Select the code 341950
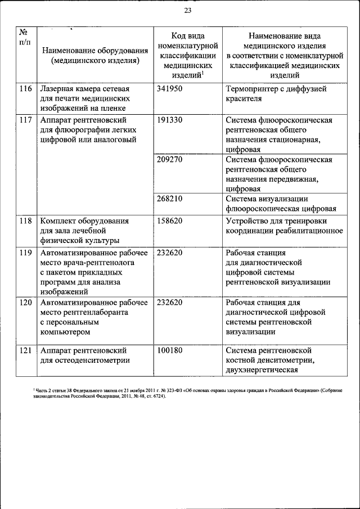[170, 89]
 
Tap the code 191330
[170, 120]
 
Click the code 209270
[170, 159]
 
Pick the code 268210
[170, 198]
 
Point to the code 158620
[170, 221]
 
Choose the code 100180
[170, 350]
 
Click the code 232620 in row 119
[170, 253]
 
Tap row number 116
[25, 89]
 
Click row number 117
[25, 120]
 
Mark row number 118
[25, 221]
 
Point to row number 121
[25, 350]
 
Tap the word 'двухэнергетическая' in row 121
[261, 370]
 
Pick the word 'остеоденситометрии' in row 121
[93, 361]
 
